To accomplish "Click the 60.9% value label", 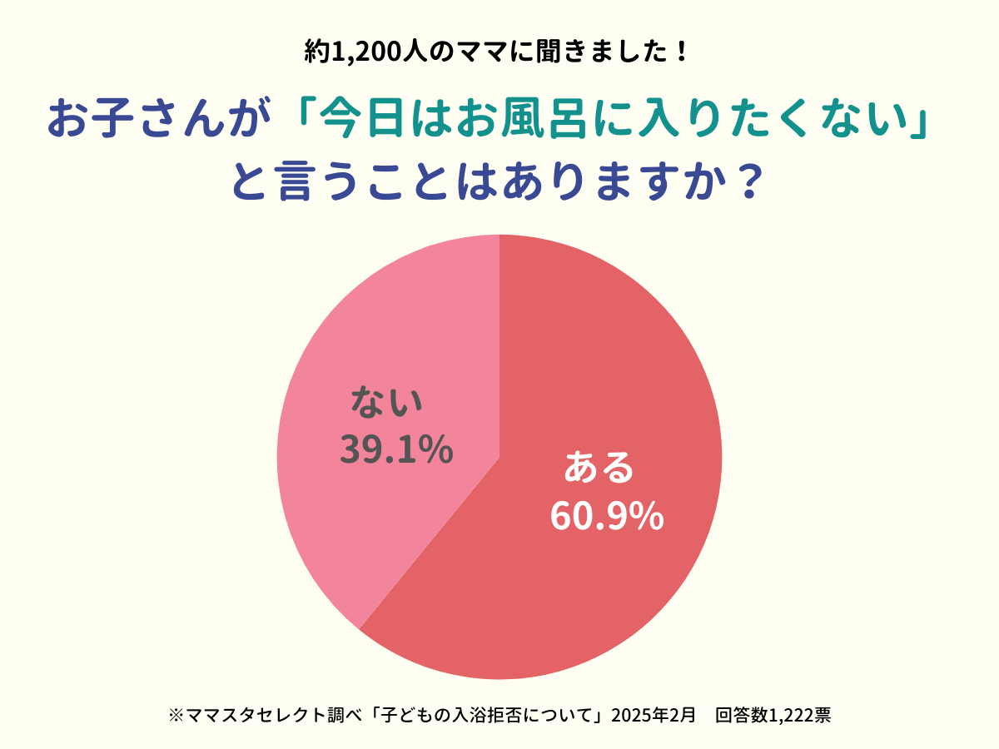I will [x=606, y=517].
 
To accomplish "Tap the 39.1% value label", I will [x=396, y=450].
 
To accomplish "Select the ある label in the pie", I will [x=599, y=469].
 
